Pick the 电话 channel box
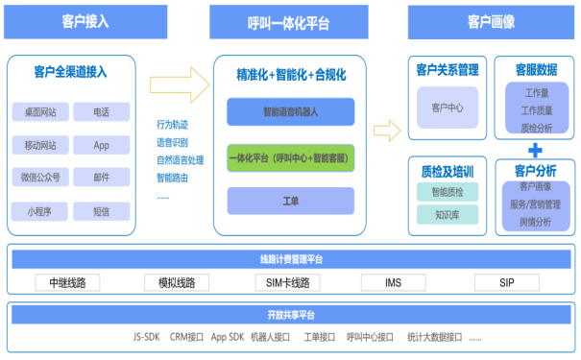point(101,112)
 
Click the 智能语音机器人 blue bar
point(291,112)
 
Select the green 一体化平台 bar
point(291,156)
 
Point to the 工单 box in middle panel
point(291,201)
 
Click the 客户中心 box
point(448,108)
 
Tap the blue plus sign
point(535,150)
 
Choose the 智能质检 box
point(448,192)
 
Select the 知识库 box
point(448,215)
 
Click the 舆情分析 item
point(536,222)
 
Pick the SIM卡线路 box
point(288,282)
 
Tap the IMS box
point(393,282)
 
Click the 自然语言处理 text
point(180,159)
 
